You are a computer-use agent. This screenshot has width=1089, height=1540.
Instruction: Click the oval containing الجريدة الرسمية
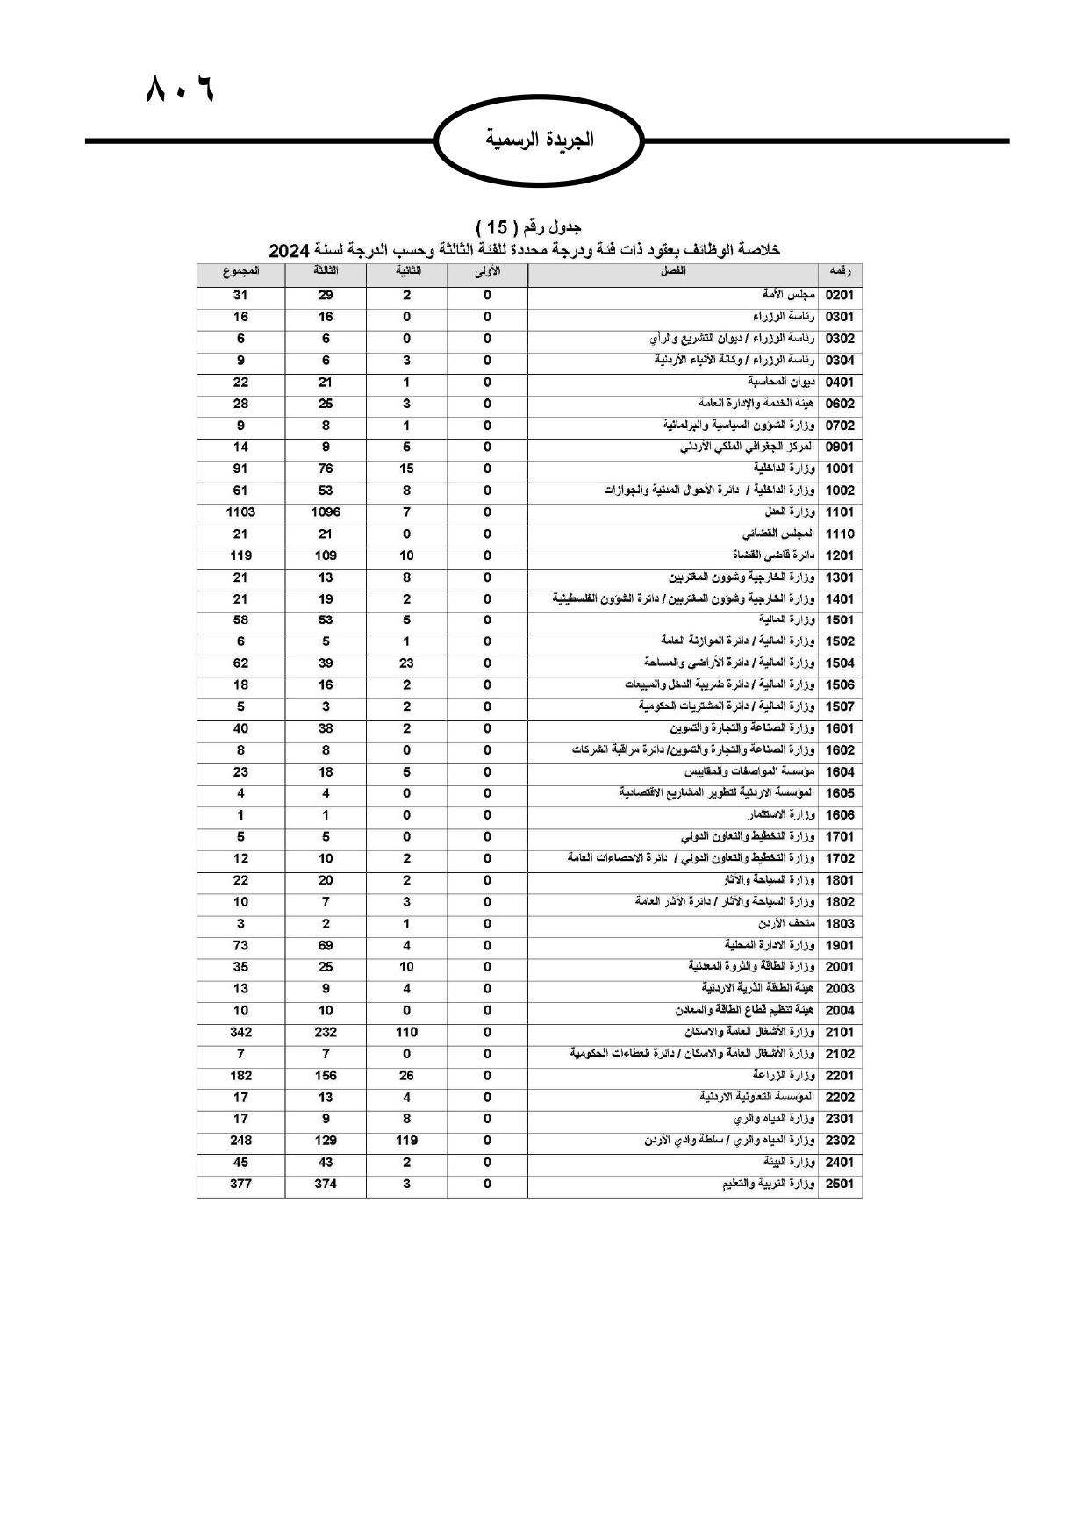click(x=540, y=140)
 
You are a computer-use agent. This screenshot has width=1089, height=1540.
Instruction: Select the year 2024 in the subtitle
click(x=290, y=251)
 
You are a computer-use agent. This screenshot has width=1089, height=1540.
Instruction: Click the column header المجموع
click(x=240, y=272)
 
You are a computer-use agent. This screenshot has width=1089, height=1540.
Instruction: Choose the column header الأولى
click(x=487, y=272)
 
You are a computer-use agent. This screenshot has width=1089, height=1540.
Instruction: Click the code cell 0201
click(x=839, y=296)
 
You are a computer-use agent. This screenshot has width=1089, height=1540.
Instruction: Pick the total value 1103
click(x=240, y=512)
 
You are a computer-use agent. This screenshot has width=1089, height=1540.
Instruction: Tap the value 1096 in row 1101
click(x=326, y=512)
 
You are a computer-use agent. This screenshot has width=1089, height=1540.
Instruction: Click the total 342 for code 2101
click(x=240, y=1033)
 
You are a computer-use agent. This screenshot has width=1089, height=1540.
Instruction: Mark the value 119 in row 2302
click(x=406, y=1141)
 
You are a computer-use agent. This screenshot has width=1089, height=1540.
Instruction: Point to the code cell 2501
click(x=839, y=1185)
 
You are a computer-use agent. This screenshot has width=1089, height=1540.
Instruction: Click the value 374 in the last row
click(x=326, y=1185)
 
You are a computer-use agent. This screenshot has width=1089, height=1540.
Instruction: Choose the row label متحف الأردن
click(x=787, y=924)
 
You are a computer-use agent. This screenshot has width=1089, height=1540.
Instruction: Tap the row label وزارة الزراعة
click(x=784, y=1076)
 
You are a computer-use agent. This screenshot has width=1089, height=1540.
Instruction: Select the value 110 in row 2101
click(x=406, y=1033)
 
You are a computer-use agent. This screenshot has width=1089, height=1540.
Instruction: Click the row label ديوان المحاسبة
click(x=781, y=382)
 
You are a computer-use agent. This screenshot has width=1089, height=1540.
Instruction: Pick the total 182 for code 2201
click(x=240, y=1076)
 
